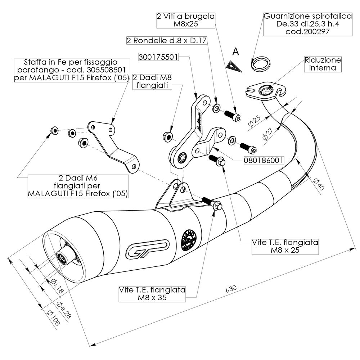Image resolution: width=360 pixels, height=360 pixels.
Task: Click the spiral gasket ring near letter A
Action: tap(260, 64)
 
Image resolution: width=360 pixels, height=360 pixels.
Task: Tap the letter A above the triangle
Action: tap(235, 52)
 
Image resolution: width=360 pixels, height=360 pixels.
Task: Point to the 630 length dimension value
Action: tap(231, 288)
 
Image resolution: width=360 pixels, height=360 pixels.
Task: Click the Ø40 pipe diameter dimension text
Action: tap(318, 184)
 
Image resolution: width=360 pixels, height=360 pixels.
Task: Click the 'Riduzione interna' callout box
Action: tap(322, 64)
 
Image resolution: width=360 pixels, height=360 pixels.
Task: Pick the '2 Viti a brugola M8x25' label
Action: tap(186, 20)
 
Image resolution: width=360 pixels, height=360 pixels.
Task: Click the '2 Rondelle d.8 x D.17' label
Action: tap(167, 41)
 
